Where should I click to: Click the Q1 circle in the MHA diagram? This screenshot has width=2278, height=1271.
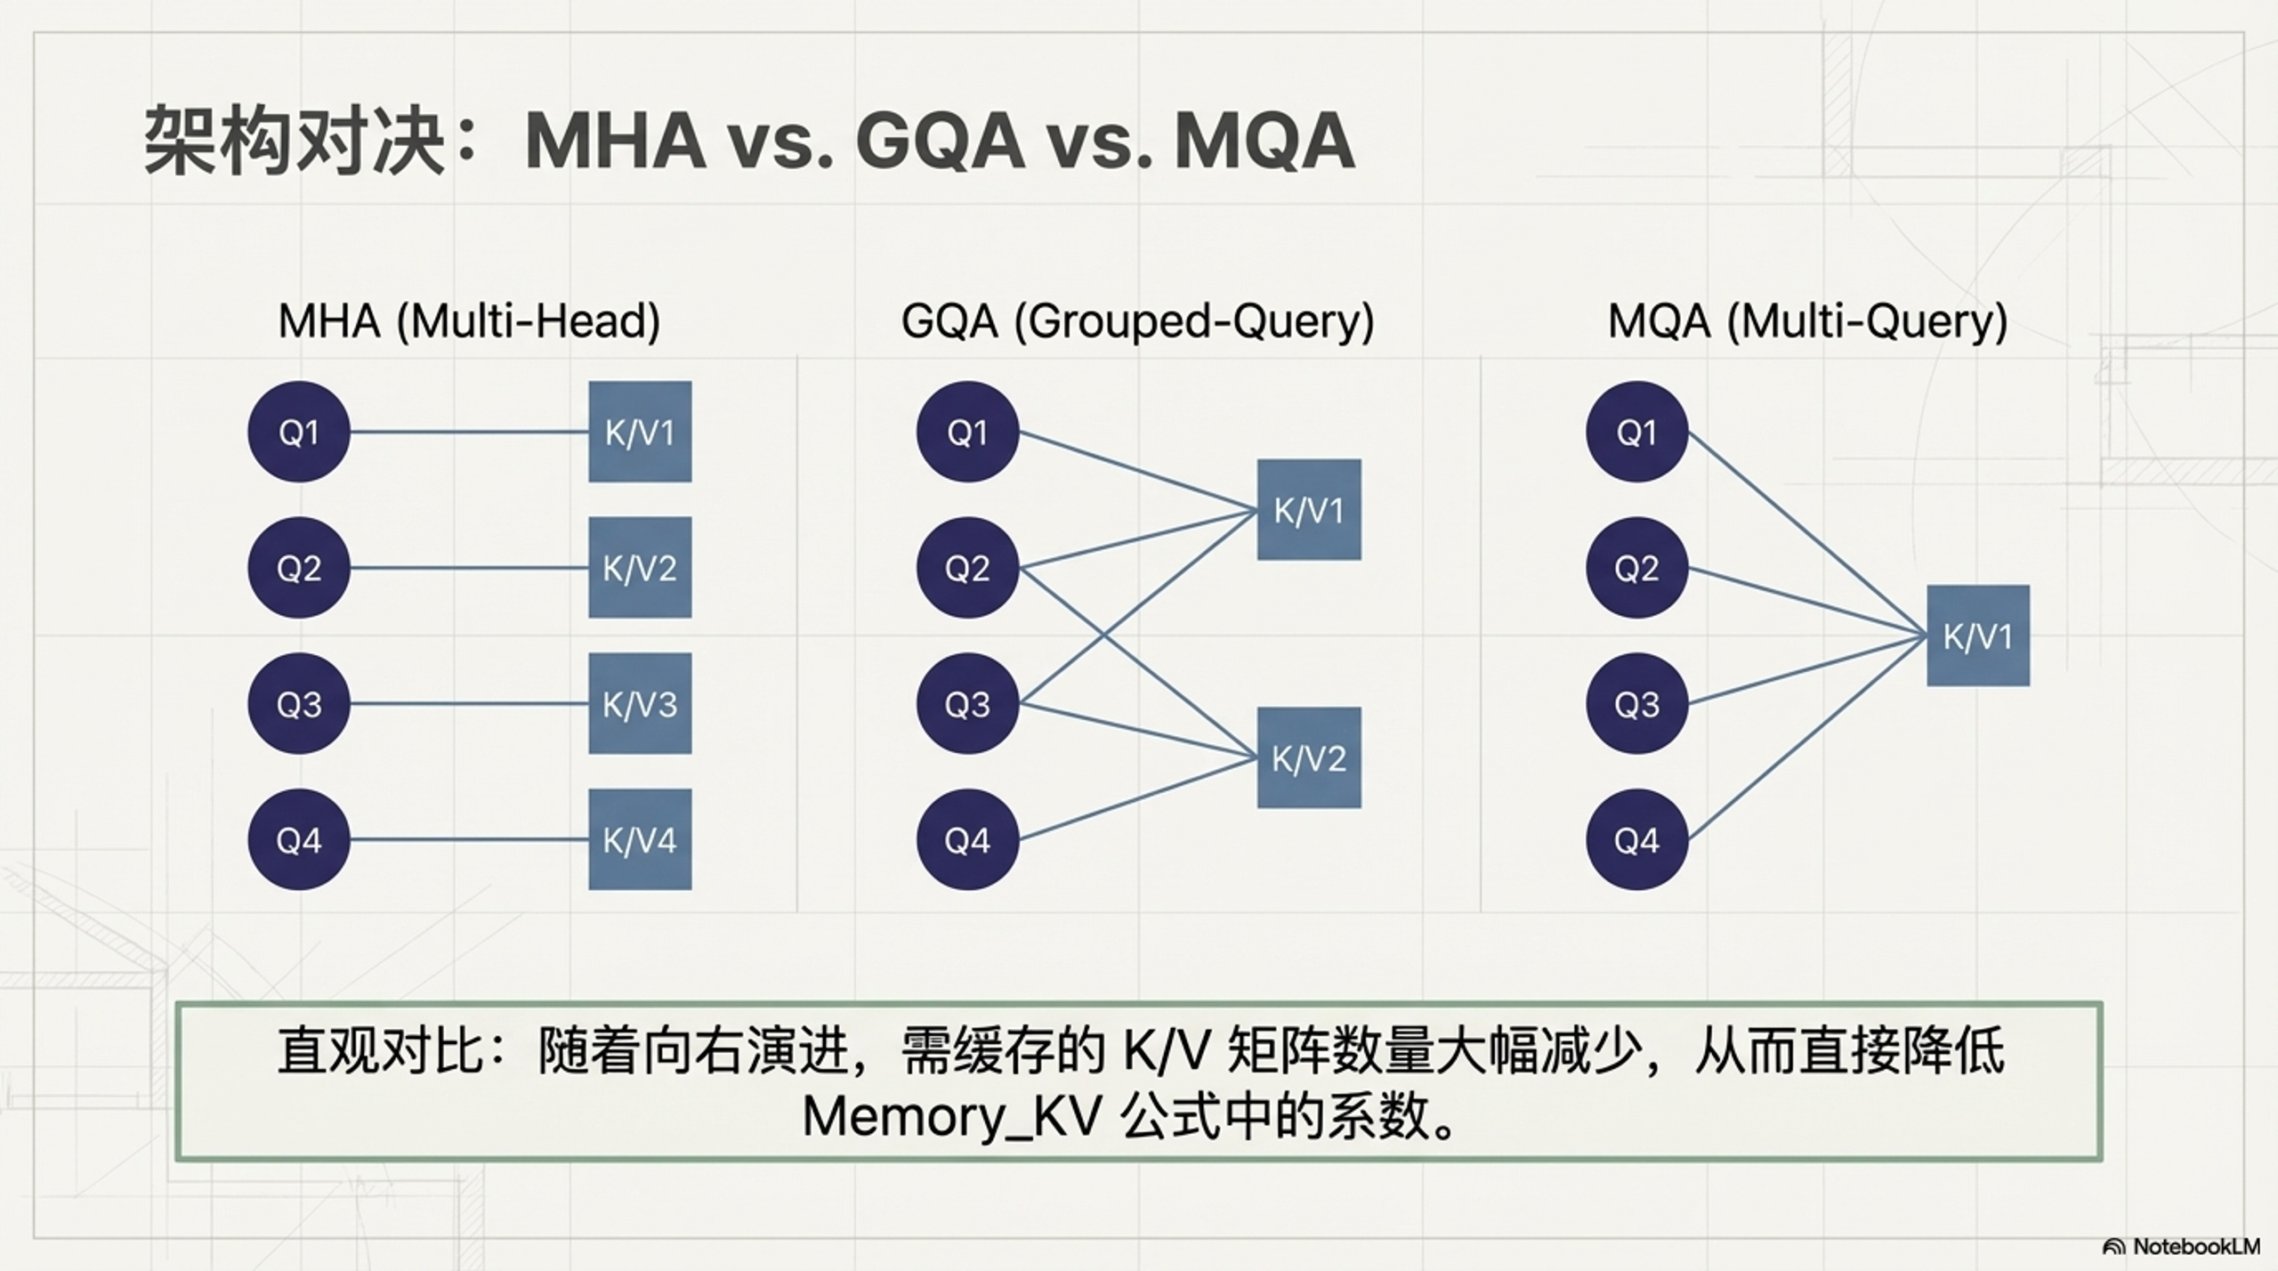coord(298,433)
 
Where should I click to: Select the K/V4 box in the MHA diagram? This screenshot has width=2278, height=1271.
coord(640,839)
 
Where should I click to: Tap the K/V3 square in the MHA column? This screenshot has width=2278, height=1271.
coord(640,704)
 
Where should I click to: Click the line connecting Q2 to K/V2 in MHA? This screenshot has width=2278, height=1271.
coord(469,568)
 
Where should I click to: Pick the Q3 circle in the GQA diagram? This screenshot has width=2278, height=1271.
coord(967,704)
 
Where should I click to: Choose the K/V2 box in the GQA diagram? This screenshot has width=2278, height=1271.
coord(1309,758)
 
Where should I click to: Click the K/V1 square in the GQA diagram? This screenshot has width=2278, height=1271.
coord(1309,510)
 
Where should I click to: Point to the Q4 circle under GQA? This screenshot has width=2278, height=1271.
coord(967,839)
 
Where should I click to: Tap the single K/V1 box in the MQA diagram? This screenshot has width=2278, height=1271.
coord(1978,635)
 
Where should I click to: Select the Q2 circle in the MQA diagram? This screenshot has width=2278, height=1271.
coord(1636,568)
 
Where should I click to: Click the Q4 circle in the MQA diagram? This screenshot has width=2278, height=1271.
coord(1636,839)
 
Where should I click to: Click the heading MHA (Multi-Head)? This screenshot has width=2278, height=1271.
coord(469,320)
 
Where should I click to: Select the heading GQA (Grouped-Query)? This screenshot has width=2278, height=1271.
coord(1137,320)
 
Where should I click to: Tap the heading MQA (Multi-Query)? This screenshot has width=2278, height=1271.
coord(1807,320)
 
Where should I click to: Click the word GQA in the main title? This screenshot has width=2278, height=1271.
coord(940,141)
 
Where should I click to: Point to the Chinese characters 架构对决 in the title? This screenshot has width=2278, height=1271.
coord(294,141)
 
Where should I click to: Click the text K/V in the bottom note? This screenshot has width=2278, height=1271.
coord(1166,1051)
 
